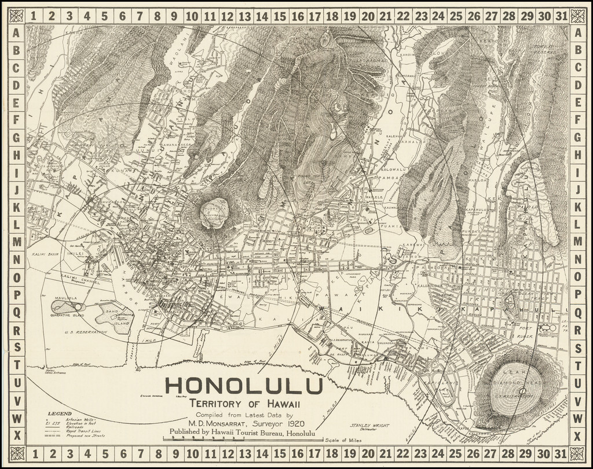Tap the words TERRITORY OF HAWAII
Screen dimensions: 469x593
243,404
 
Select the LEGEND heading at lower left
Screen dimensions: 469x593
60,413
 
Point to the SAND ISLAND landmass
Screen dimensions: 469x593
114,313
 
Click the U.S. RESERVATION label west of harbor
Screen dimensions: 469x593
86,333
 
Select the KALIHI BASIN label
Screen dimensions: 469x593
46,254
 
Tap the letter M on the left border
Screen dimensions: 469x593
17,241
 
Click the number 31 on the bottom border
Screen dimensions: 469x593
560,453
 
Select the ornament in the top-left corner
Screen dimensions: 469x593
17,16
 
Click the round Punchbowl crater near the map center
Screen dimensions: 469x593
214,213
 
